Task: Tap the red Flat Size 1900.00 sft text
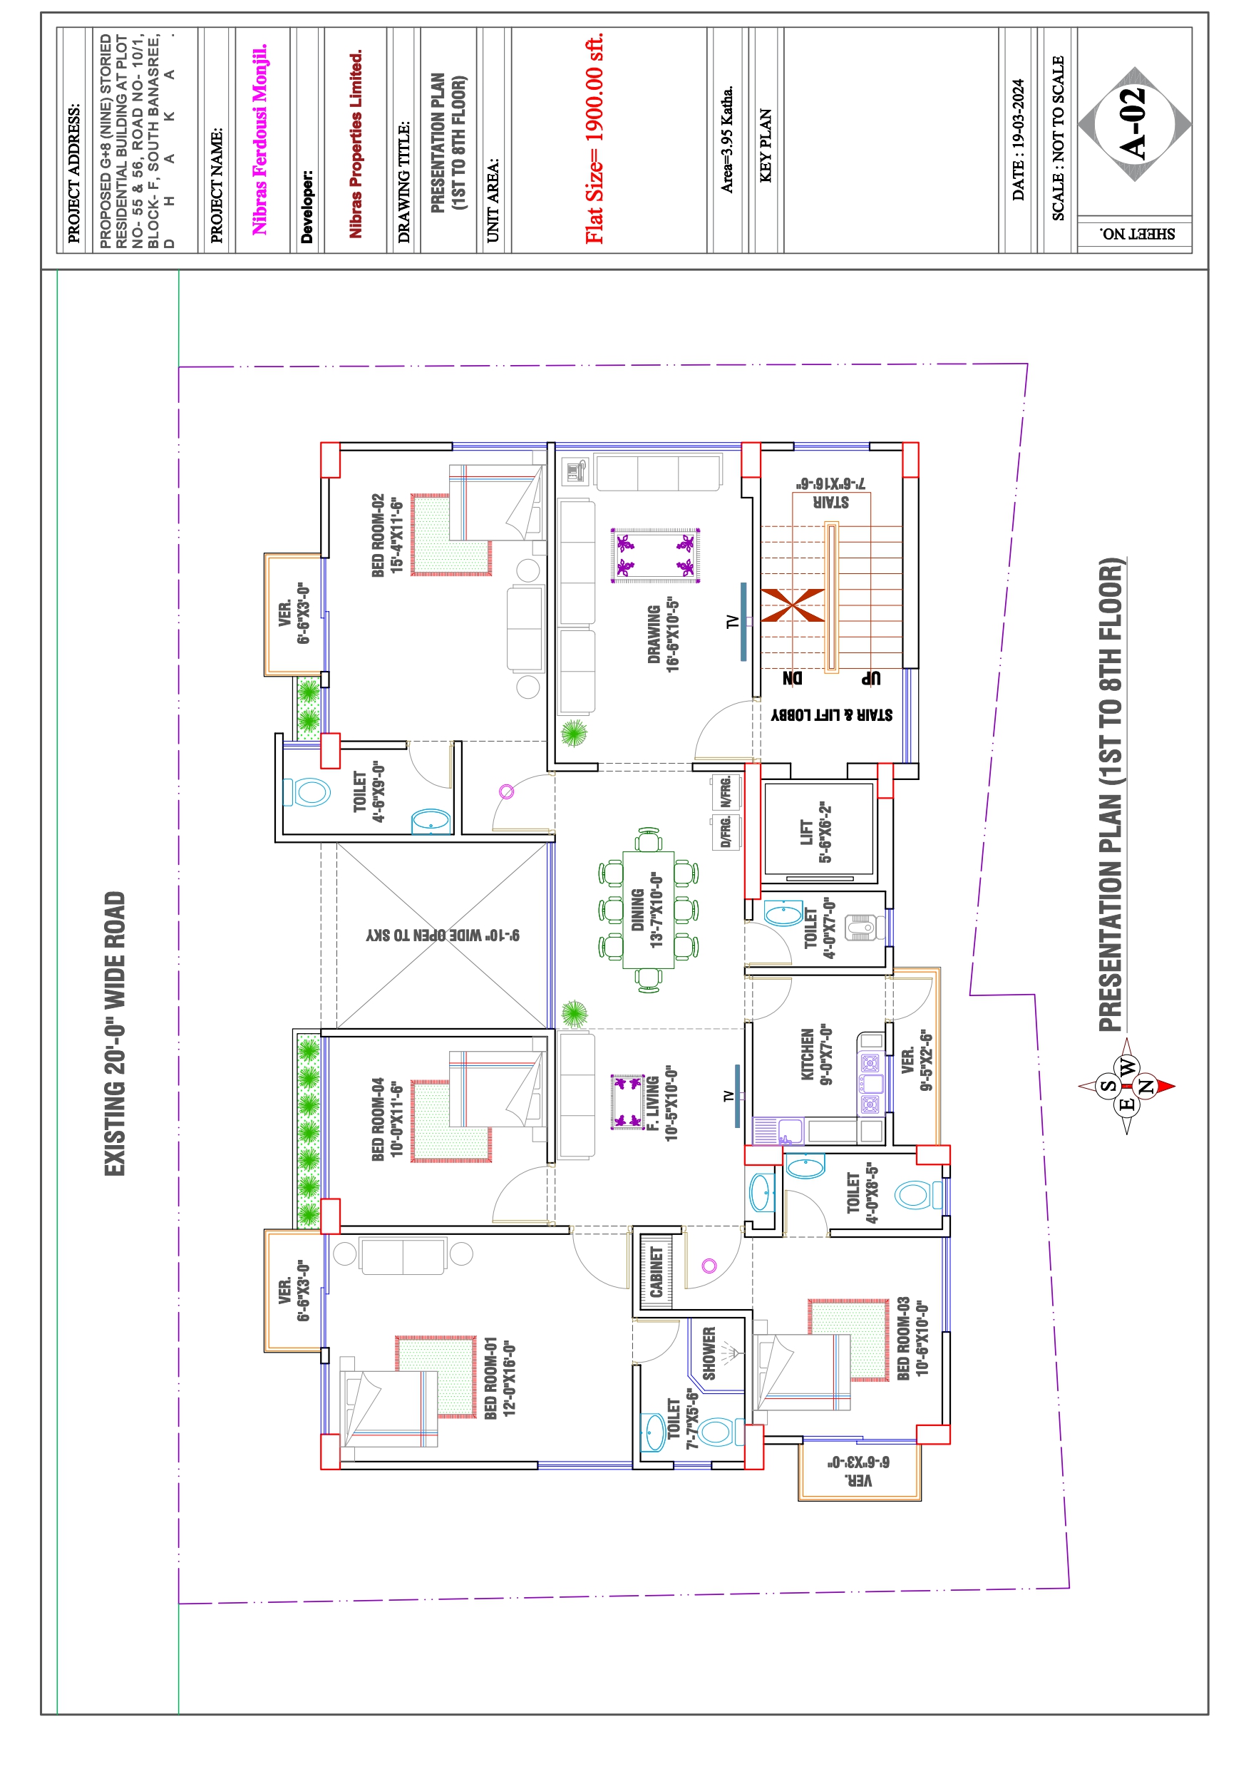click(x=594, y=139)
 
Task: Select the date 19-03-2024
click(x=1019, y=140)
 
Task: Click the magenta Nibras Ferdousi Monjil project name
click(x=259, y=139)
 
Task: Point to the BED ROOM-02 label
click(x=378, y=535)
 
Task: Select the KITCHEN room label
click(x=808, y=1054)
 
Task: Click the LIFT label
click(x=806, y=833)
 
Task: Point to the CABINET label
click(x=657, y=1272)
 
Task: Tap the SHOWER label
click(x=709, y=1353)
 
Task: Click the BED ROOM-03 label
click(x=904, y=1338)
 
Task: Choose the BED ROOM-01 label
click(x=490, y=1378)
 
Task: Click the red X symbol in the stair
click(x=793, y=605)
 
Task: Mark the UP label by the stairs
click(x=871, y=678)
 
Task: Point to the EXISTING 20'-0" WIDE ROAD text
click(x=115, y=1033)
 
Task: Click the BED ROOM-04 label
click(x=378, y=1119)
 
